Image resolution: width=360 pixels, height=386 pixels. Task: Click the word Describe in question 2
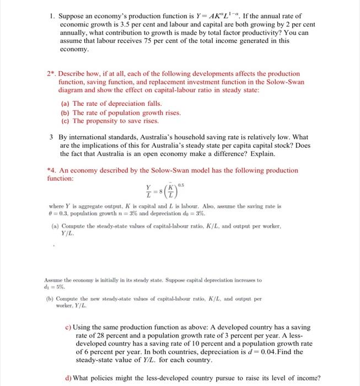[x=72, y=73]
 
